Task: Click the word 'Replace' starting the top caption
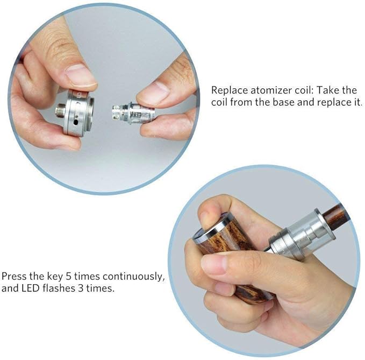tap(227, 90)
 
